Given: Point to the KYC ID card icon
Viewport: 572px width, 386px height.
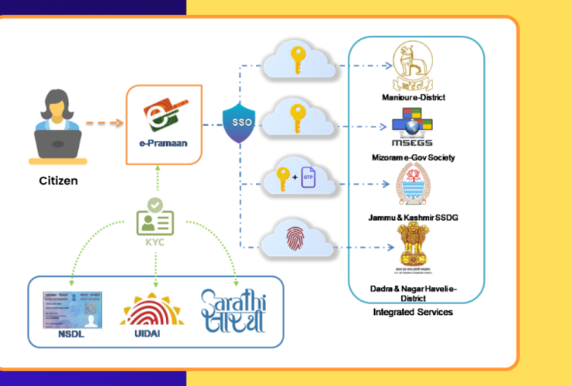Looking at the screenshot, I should (x=155, y=220).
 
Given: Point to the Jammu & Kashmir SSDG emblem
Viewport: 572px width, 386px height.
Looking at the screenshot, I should (x=412, y=185).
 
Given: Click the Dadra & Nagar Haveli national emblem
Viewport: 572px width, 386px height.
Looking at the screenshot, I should (x=413, y=249).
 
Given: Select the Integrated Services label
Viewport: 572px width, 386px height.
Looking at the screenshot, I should (x=413, y=312).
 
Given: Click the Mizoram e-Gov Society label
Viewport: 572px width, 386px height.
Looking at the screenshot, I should (x=413, y=157).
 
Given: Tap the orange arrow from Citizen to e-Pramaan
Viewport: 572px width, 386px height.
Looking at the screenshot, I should (x=104, y=122).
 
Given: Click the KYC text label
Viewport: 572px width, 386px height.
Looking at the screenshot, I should (x=155, y=240).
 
